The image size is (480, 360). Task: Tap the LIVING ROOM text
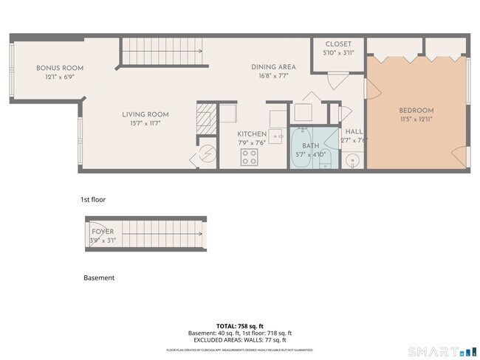tap(145, 114)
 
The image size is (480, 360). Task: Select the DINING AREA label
tap(273, 66)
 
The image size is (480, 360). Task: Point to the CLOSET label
tap(338, 44)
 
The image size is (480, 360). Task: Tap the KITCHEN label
tap(251, 134)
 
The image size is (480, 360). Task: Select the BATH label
tap(310, 146)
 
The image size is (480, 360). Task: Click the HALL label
tap(353, 131)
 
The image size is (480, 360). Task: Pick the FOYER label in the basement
tap(103, 232)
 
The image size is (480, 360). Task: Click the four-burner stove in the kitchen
tap(250, 156)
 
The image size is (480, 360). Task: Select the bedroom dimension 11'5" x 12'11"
tap(416, 119)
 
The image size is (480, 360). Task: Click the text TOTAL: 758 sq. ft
tap(239, 325)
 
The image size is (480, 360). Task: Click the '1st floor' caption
tap(94, 199)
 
